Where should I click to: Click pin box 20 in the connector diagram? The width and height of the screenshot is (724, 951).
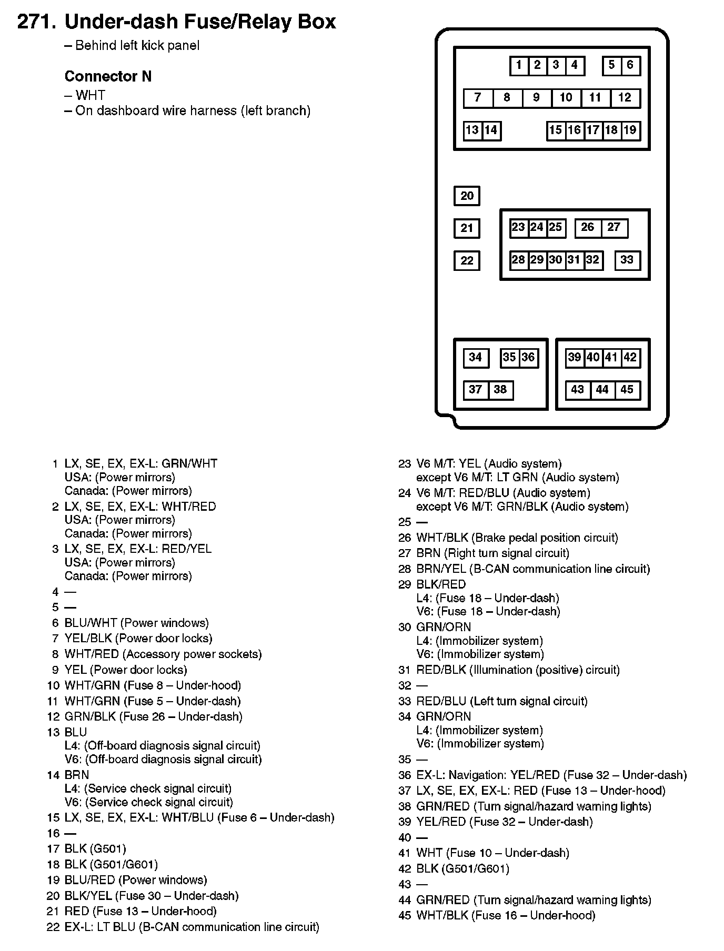pyautogui.click(x=467, y=196)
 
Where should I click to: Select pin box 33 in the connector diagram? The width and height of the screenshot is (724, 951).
pyautogui.click(x=627, y=260)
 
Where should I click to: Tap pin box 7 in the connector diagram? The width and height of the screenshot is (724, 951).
pyautogui.click(x=478, y=98)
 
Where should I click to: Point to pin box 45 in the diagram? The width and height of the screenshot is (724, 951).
pyautogui.click(x=627, y=390)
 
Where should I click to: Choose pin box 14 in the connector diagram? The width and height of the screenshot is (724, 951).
pyautogui.click(x=491, y=130)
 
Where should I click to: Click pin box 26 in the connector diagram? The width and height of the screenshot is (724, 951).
pyautogui.click(x=588, y=228)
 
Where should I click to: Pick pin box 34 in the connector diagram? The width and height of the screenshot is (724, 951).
pyautogui.click(x=476, y=358)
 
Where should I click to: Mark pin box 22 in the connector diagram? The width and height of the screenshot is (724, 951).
pyautogui.click(x=467, y=260)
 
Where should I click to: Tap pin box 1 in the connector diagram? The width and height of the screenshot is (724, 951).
pyautogui.click(x=519, y=66)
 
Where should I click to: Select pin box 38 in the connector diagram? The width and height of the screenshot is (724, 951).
pyautogui.click(x=500, y=390)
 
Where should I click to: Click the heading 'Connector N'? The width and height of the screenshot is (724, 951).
pyautogui.click(x=108, y=77)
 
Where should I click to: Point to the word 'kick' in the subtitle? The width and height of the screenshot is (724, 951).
pyautogui.click(x=151, y=46)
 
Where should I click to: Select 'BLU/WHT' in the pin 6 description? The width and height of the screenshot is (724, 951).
pyautogui.click(x=91, y=623)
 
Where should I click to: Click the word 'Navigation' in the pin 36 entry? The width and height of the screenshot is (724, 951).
pyautogui.click(x=478, y=775)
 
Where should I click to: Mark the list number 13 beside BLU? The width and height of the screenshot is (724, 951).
pyautogui.click(x=53, y=733)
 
